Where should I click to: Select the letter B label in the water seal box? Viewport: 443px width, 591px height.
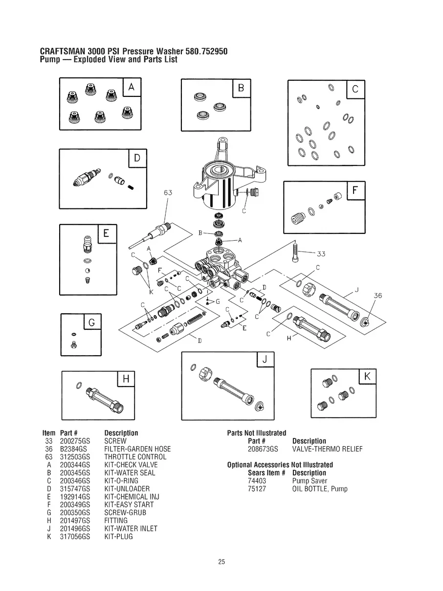(x=241, y=89)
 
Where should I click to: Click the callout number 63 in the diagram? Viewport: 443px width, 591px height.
(x=168, y=193)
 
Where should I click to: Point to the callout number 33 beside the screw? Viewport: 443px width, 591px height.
(x=321, y=253)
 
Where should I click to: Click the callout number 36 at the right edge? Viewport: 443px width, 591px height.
(x=378, y=295)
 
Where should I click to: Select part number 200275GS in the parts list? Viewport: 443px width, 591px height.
(x=75, y=441)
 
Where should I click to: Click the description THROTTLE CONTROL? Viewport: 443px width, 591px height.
(x=135, y=457)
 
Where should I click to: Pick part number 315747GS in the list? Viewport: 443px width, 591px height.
(x=75, y=489)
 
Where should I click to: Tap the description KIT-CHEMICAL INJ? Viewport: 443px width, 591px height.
(x=132, y=497)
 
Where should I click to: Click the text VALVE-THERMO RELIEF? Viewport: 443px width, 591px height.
(x=327, y=449)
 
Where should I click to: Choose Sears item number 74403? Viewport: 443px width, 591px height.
(x=257, y=481)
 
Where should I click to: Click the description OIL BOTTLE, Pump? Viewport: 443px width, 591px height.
(x=320, y=489)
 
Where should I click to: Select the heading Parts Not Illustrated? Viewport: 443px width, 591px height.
(x=257, y=433)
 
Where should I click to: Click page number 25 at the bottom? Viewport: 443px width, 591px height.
(x=221, y=562)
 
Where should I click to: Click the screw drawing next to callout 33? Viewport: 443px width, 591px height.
(x=295, y=252)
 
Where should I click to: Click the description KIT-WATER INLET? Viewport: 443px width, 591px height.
(x=131, y=528)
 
